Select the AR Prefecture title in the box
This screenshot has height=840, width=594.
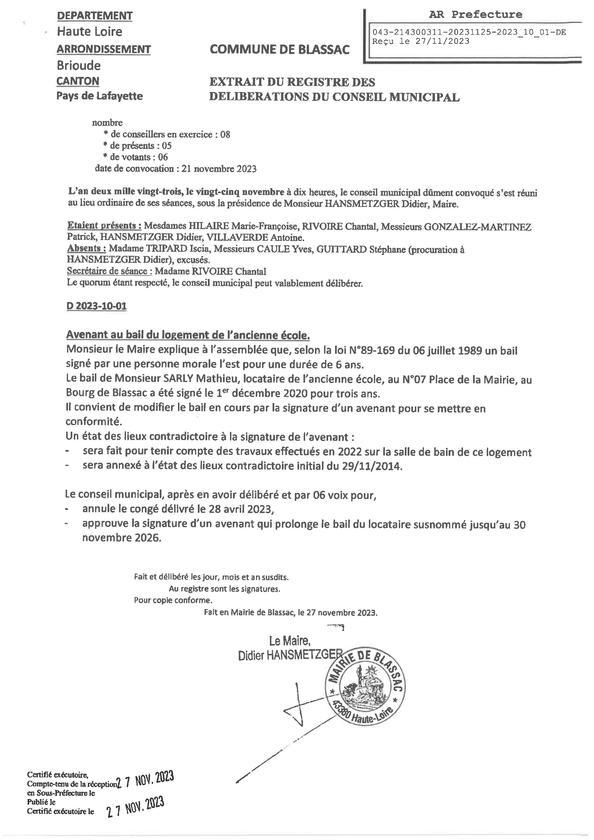pos(475,15)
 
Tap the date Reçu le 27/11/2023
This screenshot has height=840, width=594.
pos(421,41)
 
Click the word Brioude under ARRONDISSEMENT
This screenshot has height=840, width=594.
pos(79,65)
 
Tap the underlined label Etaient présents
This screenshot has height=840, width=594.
pos(104,226)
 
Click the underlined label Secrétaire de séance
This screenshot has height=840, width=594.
pos(107,271)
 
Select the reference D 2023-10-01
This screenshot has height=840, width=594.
pos(97,306)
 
